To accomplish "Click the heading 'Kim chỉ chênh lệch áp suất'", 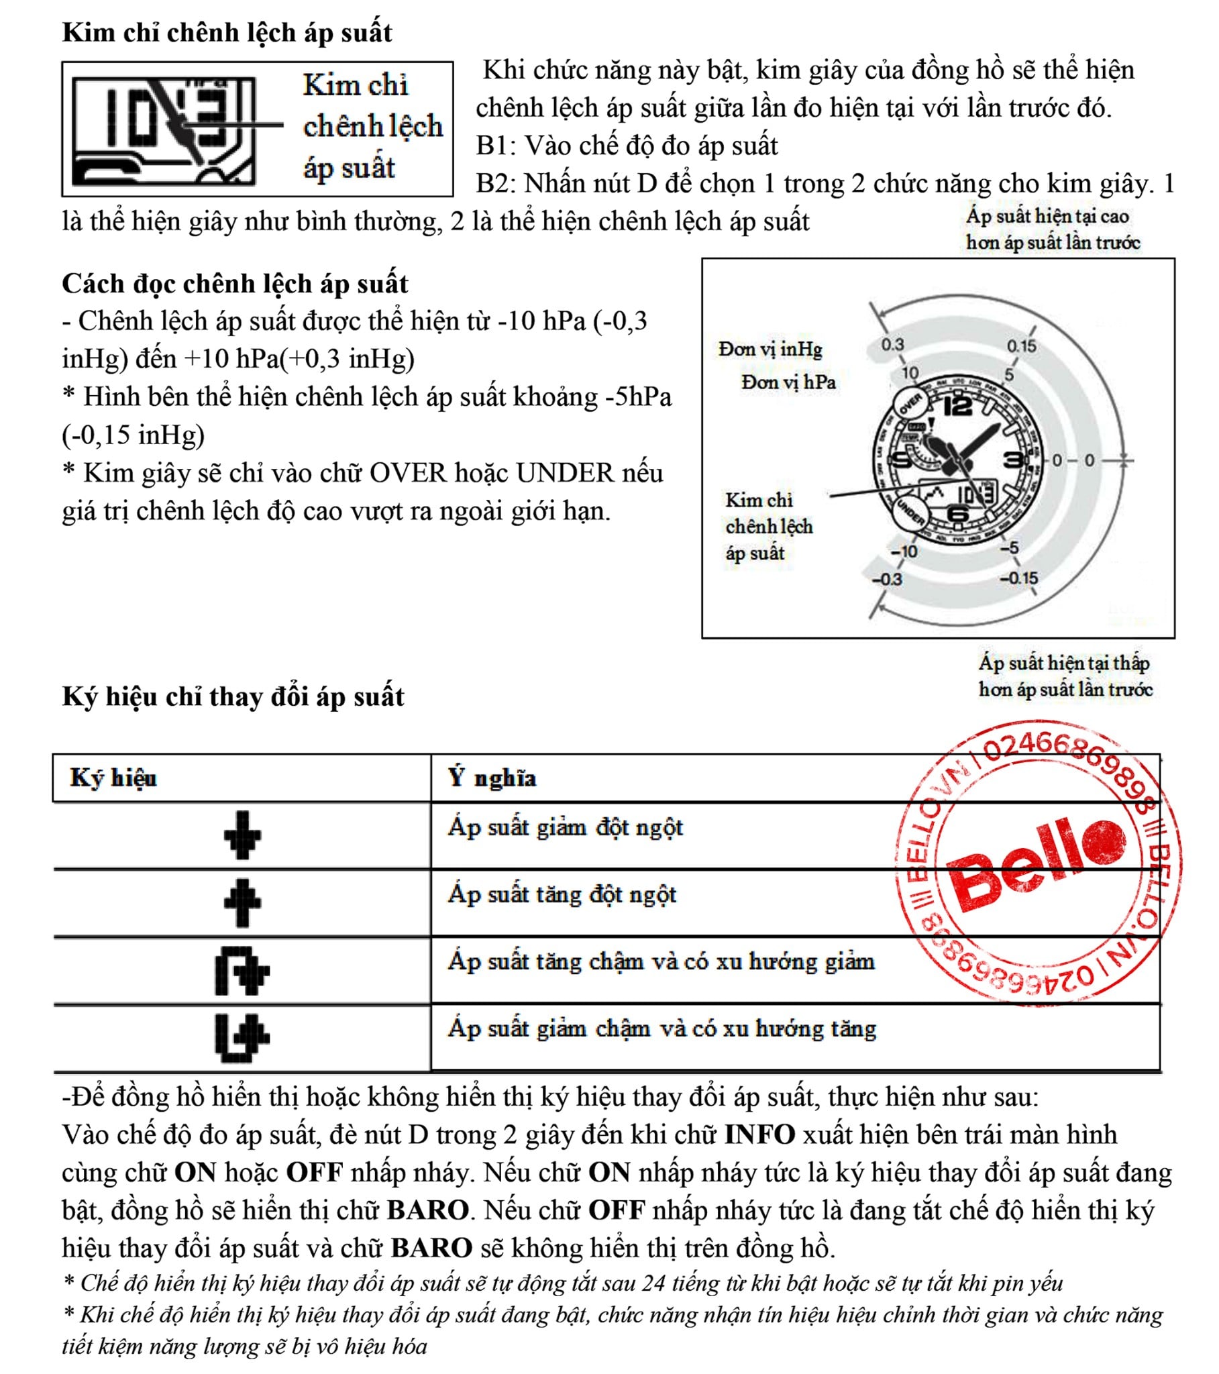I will click(x=227, y=32).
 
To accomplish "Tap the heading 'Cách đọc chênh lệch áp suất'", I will click(x=235, y=284).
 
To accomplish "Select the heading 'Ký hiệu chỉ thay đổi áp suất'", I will click(x=233, y=696).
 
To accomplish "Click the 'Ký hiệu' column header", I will click(x=113, y=778).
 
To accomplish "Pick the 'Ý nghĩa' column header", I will click(x=492, y=778).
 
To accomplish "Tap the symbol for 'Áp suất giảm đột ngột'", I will click(x=242, y=835).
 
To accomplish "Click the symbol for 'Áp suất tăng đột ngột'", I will click(x=242, y=902).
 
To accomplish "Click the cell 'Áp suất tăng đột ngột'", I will click(x=562, y=895).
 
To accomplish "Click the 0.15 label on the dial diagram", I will click(x=1020, y=346).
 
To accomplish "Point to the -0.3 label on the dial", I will click(x=887, y=579).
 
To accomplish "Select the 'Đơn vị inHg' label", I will click(x=770, y=350).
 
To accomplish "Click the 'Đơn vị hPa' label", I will click(x=788, y=382).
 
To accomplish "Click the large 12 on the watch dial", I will click(x=957, y=405).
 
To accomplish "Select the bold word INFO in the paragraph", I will click(x=759, y=1134).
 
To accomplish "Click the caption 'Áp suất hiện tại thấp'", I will click(x=1063, y=663).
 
